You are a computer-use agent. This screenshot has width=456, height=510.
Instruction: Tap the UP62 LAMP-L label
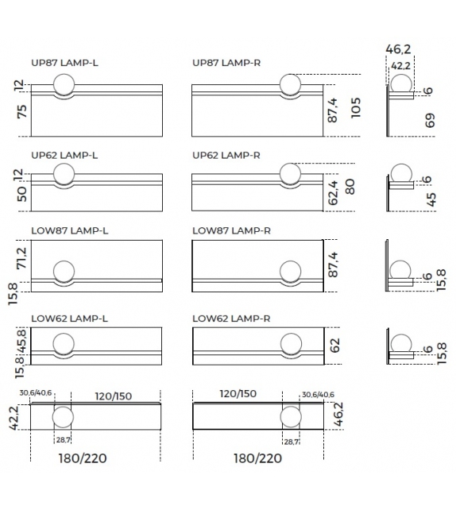(64, 155)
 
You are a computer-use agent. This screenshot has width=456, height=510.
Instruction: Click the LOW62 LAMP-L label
(69, 319)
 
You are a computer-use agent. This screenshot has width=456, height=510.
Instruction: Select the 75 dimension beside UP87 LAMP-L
(21, 112)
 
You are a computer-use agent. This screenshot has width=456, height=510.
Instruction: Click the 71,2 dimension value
(21, 257)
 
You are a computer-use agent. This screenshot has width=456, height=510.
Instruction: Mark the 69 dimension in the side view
(431, 122)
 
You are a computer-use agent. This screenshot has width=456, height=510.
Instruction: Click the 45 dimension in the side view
(431, 199)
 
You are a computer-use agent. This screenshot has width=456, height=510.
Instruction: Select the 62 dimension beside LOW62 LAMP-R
(334, 345)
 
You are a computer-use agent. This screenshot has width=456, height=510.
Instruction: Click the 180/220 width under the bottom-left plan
(82, 458)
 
